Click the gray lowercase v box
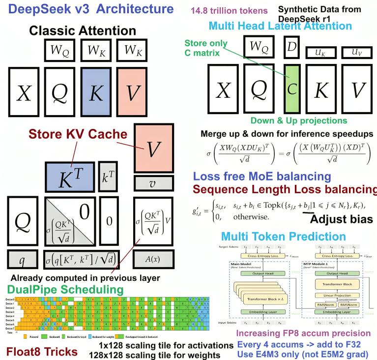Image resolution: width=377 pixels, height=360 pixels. coord(153,184)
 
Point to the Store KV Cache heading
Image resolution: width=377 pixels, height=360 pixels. coord(77,134)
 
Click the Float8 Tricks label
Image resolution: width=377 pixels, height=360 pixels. coord(42,351)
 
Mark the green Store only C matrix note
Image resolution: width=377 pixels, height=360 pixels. coord(206,48)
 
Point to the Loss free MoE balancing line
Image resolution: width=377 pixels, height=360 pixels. coord(262,177)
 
